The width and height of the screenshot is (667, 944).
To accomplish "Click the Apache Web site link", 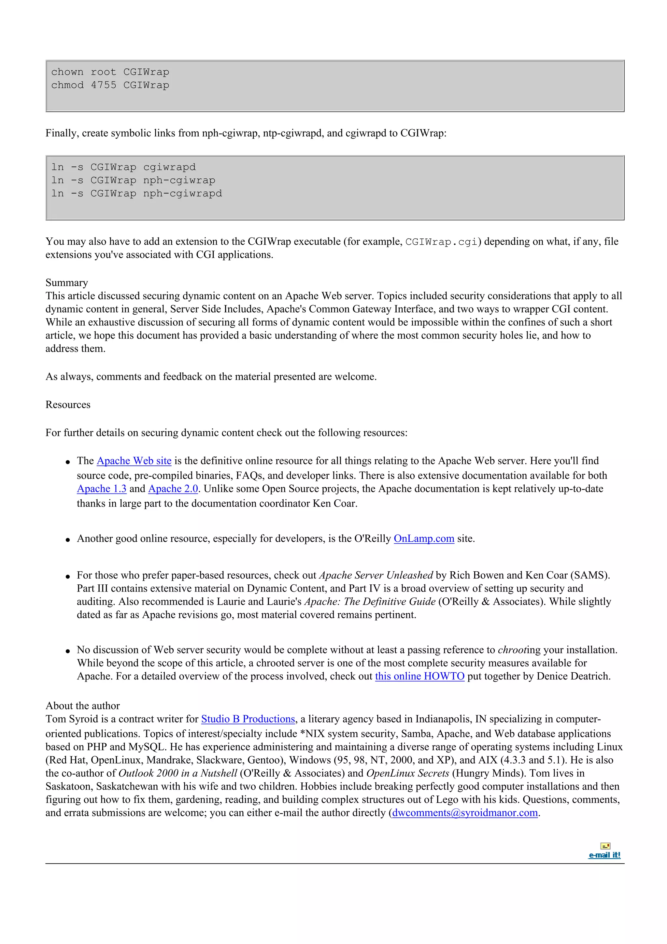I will [x=134, y=461].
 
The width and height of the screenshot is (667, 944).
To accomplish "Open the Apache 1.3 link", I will [x=102, y=489].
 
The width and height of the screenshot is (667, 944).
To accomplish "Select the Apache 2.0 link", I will [x=173, y=489].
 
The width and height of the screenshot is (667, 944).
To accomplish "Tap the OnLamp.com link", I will [x=424, y=538].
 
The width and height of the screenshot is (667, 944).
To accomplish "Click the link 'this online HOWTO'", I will [x=419, y=676].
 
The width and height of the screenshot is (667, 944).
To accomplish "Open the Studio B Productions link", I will [x=248, y=719].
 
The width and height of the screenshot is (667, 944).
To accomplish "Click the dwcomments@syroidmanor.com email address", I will [x=465, y=813].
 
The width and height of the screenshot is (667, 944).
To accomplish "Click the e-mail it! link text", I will [x=604, y=855].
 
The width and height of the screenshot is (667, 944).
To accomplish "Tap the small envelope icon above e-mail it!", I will [x=605, y=846].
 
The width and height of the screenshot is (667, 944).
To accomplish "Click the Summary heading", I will [x=66, y=283].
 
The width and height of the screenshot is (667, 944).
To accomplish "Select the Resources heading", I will [x=68, y=405].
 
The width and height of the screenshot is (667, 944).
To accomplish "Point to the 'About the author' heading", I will [x=83, y=706].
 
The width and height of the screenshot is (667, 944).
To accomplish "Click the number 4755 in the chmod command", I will [x=104, y=85].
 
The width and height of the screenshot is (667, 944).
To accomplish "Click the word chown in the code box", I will [x=67, y=72].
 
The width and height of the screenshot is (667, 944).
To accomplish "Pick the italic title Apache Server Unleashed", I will [x=376, y=575].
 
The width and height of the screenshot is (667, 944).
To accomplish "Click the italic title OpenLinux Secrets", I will [x=407, y=773].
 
